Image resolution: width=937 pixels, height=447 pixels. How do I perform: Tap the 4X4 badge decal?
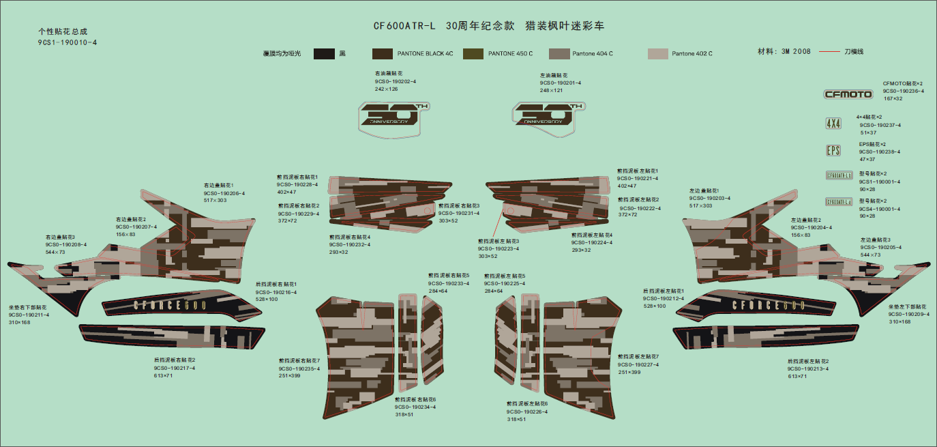[833, 124]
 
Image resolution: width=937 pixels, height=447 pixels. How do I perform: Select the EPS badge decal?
[833, 150]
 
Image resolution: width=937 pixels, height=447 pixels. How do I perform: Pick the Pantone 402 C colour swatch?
[657, 54]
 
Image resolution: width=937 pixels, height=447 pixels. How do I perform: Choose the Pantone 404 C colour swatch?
[559, 54]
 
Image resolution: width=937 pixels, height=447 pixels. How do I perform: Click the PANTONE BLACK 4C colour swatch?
[382, 54]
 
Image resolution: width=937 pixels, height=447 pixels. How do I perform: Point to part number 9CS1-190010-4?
[68, 42]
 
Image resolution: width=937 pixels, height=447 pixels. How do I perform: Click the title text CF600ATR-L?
[404, 27]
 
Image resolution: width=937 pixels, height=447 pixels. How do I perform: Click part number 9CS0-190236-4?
[904, 91]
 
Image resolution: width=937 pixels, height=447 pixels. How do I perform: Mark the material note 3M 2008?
[796, 52]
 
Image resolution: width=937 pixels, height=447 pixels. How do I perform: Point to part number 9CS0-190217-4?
[175, 368]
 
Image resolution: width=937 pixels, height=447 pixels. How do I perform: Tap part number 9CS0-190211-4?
[29, 315]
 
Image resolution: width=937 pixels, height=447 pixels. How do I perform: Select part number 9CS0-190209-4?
[908, 315]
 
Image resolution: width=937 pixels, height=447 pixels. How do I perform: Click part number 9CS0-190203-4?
[710, 198]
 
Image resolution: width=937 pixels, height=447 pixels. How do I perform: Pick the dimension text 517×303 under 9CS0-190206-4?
[215, 201]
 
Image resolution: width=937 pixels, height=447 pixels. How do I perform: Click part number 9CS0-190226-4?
[527, 412]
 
